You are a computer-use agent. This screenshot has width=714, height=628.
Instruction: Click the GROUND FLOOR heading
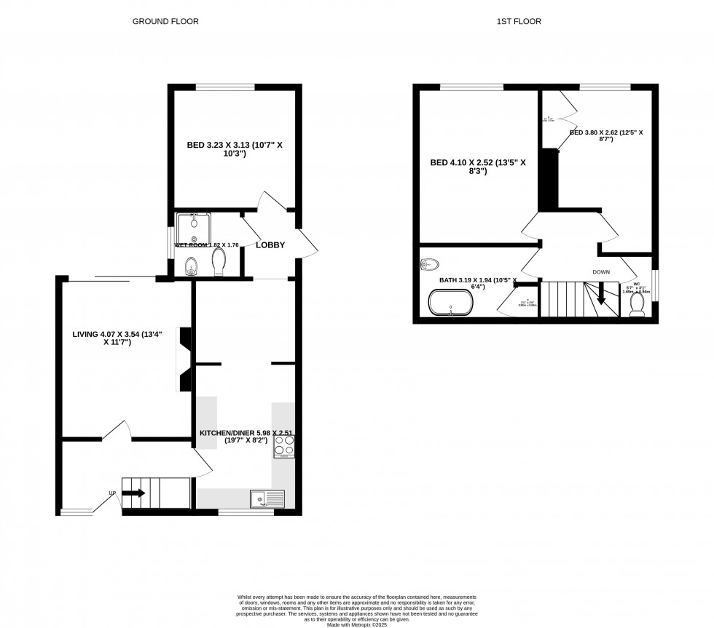tap(165, 22)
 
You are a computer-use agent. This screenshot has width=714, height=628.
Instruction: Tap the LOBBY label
tap(270, 245)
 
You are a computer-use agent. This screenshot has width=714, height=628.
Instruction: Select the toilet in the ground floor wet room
tap(218, 263)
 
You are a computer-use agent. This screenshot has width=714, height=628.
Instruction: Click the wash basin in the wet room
tap(191, 266)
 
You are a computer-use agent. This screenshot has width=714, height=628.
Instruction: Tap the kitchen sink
tap(267, 498)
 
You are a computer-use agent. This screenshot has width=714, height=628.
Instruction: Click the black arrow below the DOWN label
tap(602, 294)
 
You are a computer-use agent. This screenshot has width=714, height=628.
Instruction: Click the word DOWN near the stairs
tap(601, 272)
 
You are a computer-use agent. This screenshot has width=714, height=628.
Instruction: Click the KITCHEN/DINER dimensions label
tap(246, 437)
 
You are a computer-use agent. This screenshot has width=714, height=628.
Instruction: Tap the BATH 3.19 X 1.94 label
tap(478, 284)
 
